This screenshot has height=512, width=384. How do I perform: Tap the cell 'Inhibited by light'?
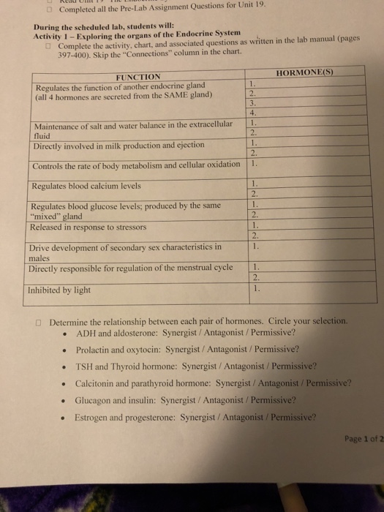59,290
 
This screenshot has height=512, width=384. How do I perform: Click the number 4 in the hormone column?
252,113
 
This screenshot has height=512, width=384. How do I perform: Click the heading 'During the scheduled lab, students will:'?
88,26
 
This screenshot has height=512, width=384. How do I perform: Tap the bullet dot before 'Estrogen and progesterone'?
66,418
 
